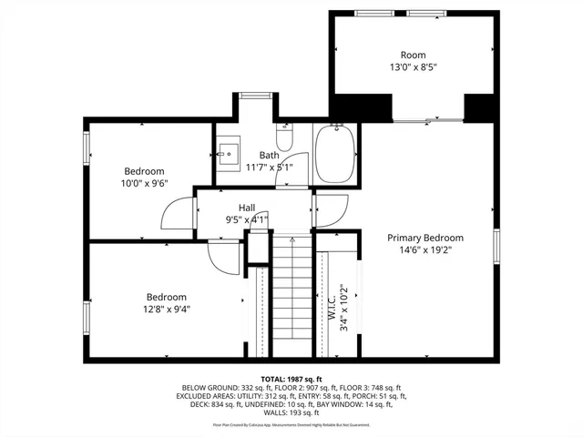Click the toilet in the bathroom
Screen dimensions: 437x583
283,139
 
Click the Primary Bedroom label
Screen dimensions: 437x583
419,238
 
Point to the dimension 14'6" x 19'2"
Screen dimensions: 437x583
419,249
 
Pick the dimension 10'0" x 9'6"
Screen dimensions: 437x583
144,183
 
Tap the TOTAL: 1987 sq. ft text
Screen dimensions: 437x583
291,377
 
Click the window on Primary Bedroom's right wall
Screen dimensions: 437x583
497,245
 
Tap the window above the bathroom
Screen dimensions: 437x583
257,95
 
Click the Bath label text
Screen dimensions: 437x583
269,155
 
